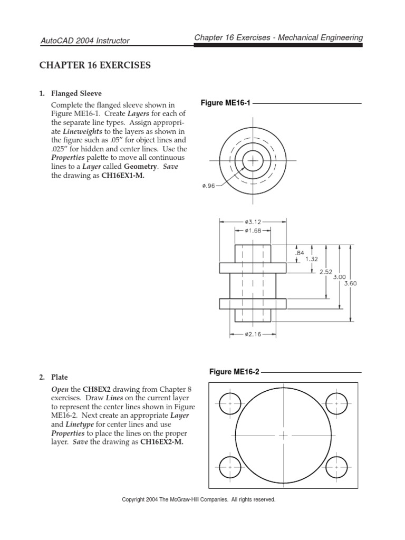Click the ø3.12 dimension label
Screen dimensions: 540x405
pos(253,223)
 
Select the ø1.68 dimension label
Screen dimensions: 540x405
pos(253,231)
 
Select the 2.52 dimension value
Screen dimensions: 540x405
pos(326,272)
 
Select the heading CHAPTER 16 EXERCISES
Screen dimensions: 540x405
pos(95,66)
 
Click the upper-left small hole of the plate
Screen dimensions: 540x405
pos(230,403)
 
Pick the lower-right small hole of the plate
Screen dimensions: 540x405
pos(336,466)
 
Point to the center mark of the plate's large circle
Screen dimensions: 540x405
pos(283,436)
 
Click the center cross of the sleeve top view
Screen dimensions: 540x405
pos(253,160)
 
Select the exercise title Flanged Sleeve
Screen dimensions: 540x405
pos(76,94)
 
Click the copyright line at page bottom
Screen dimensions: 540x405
pos(199,499)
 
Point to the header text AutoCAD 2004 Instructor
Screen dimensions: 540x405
pos(85,41)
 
